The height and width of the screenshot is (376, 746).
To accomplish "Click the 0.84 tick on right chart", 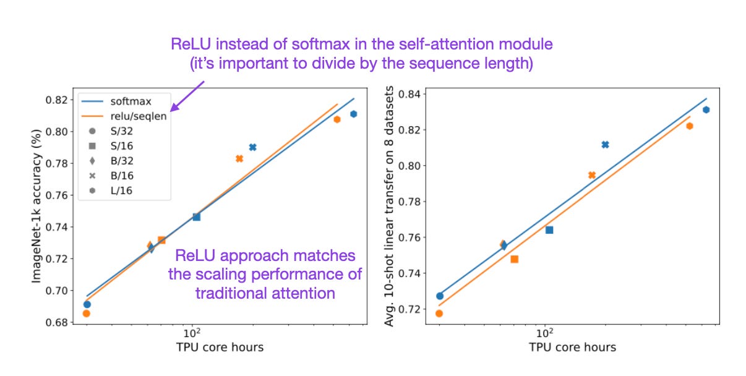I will coord(409,94).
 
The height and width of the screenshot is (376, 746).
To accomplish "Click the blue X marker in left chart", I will coord(252,147).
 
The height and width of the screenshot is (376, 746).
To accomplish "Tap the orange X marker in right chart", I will coord(592,175).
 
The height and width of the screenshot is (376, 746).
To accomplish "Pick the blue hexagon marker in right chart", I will coord(706,109).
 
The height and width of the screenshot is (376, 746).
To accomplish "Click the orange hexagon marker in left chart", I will coord(337,119).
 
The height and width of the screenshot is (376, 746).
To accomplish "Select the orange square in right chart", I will coord(514,259).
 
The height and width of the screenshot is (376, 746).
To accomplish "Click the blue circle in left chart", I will coord(87,304).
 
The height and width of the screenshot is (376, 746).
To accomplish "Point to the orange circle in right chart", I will coord(439,313).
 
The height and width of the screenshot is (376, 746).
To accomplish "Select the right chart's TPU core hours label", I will coord(572,348).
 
